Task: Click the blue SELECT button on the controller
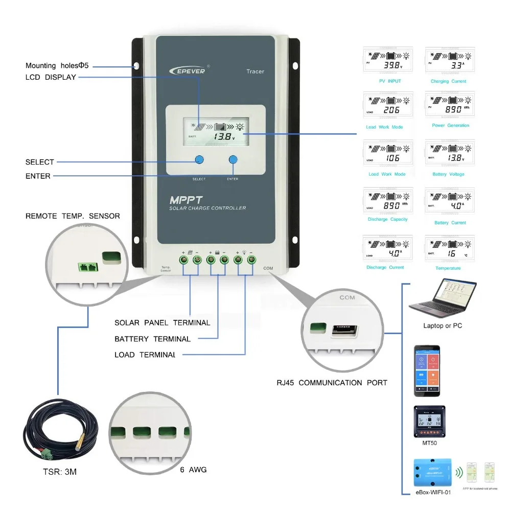199,159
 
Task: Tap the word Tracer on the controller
255,72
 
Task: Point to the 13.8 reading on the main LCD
223,137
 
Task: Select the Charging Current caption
448,81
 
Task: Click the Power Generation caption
450,125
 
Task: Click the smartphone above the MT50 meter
427,370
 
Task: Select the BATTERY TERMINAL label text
152,339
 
